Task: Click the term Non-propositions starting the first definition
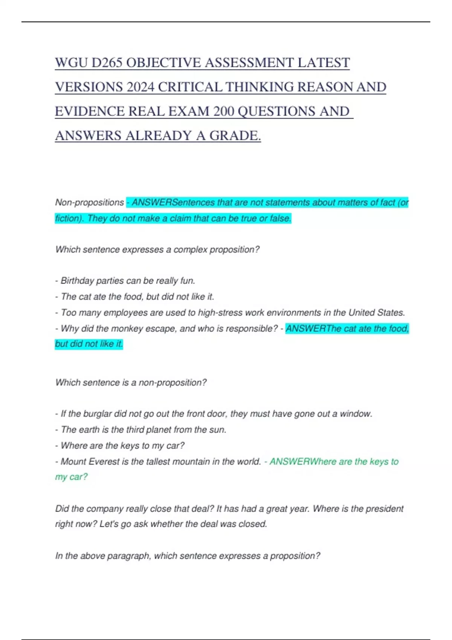pyautogui.click(x=89, y=203)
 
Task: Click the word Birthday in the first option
pyautogui.click(x=77, y=281)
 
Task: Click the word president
pyautogui.click(x=385, y=509)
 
